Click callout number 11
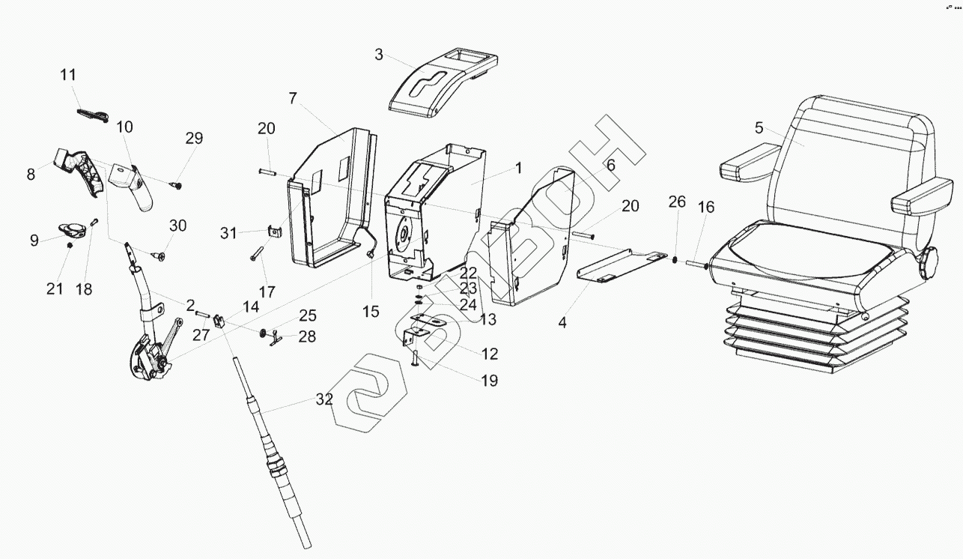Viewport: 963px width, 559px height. click(x=68, y=75)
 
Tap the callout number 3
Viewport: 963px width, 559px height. click(x=379, y=55)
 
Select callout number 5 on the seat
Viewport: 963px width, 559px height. click(x=759, y=127)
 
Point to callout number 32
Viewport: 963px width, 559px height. click(x=323, y=399)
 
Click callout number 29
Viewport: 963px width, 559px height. click(x=195, y=139)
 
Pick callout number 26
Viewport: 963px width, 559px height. click(x=677, y=202)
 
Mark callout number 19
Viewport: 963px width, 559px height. click(x=489, y=381)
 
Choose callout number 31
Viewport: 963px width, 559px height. click(x=228, y=233)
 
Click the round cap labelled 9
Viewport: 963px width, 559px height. click(x=73, y=228)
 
